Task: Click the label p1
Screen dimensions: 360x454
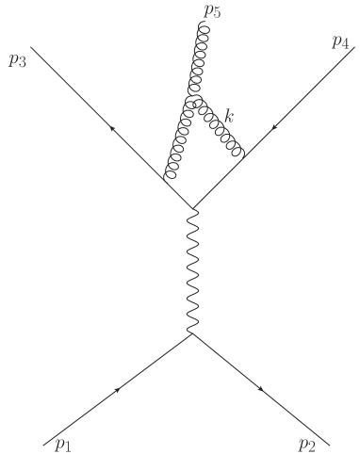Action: [61, 444]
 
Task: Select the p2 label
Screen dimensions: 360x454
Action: [306, 445]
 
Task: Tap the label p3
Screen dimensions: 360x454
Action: [16, 61]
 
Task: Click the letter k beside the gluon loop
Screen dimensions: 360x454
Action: [229, 114]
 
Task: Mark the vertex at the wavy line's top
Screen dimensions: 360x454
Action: [193, 209]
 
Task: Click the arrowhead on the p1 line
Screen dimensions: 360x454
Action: [118, 389]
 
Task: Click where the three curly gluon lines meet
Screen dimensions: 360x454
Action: [191, 100]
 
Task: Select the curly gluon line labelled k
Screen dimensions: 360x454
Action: [219, 126]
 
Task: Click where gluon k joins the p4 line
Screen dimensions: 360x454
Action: [243, 156]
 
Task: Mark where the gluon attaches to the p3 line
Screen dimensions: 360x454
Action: [167, 181]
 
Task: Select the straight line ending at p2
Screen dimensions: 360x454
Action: [262, 389]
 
